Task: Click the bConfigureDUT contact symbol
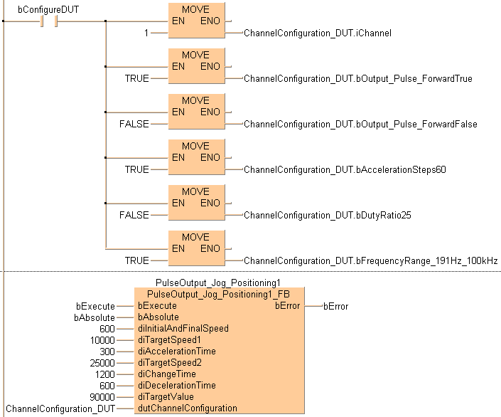(x=49, y=21)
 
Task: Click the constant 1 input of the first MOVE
(x=145, y=33)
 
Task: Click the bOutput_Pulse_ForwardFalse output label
(x=360, y=124)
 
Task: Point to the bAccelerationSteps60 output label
(x=345, y=169)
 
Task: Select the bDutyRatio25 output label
(x=328, y=215)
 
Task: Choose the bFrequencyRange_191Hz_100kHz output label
(x=371, y=260)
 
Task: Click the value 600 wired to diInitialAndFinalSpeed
(x=107, y=328)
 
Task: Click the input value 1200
(x=104, y=374)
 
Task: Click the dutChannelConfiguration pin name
(x=188, y=408)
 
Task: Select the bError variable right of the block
(x=336, y=306)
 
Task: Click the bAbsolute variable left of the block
(x=94, y=317)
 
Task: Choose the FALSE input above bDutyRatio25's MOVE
(x=134, y=215)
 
